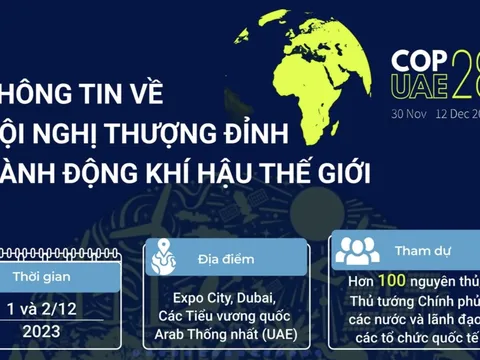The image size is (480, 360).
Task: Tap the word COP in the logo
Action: (415, 58)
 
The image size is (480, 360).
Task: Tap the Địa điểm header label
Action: (222, 259)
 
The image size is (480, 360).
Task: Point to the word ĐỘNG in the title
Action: (86, 172)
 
